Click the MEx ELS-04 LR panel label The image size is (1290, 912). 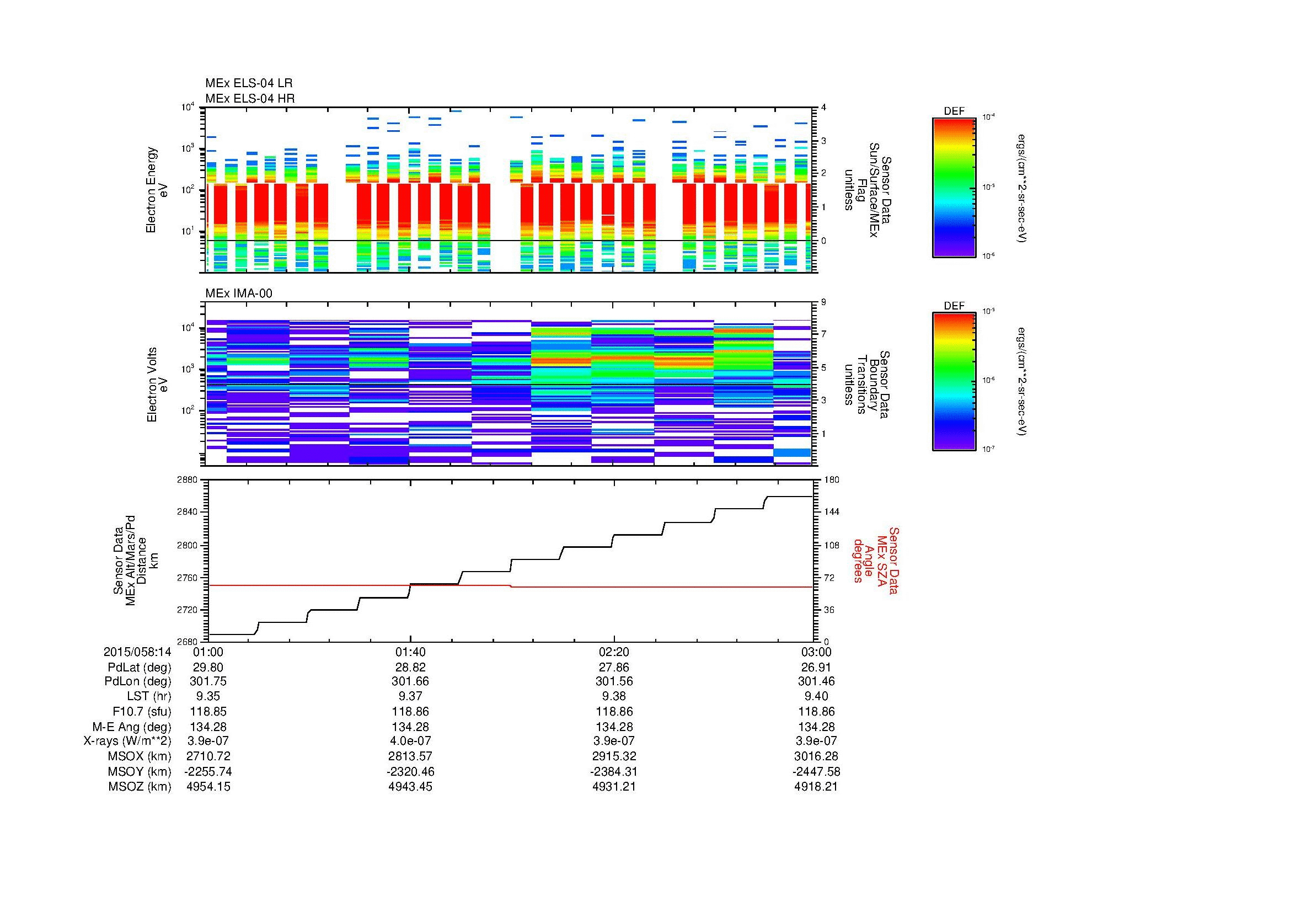click(249, 83)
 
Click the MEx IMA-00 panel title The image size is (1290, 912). click(239, 294)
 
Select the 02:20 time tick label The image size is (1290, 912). click(613, 652)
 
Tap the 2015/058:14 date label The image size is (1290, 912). click(137, 652)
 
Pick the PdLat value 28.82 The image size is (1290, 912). click(410, 667)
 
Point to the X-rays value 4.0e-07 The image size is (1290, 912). click(410, 741)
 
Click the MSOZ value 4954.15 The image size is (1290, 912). click(208, 787)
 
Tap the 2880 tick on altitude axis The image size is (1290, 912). click(187, 480)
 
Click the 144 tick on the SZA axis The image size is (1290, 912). click(831, 512)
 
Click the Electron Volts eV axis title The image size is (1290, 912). click(158, 385)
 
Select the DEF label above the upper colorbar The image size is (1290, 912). click(954, 111)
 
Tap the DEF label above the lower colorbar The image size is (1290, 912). click(954, 306)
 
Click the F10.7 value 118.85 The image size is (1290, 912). click(208, 711)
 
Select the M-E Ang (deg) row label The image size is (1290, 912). click(139, 727)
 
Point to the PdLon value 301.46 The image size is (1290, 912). click(816, 681)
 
